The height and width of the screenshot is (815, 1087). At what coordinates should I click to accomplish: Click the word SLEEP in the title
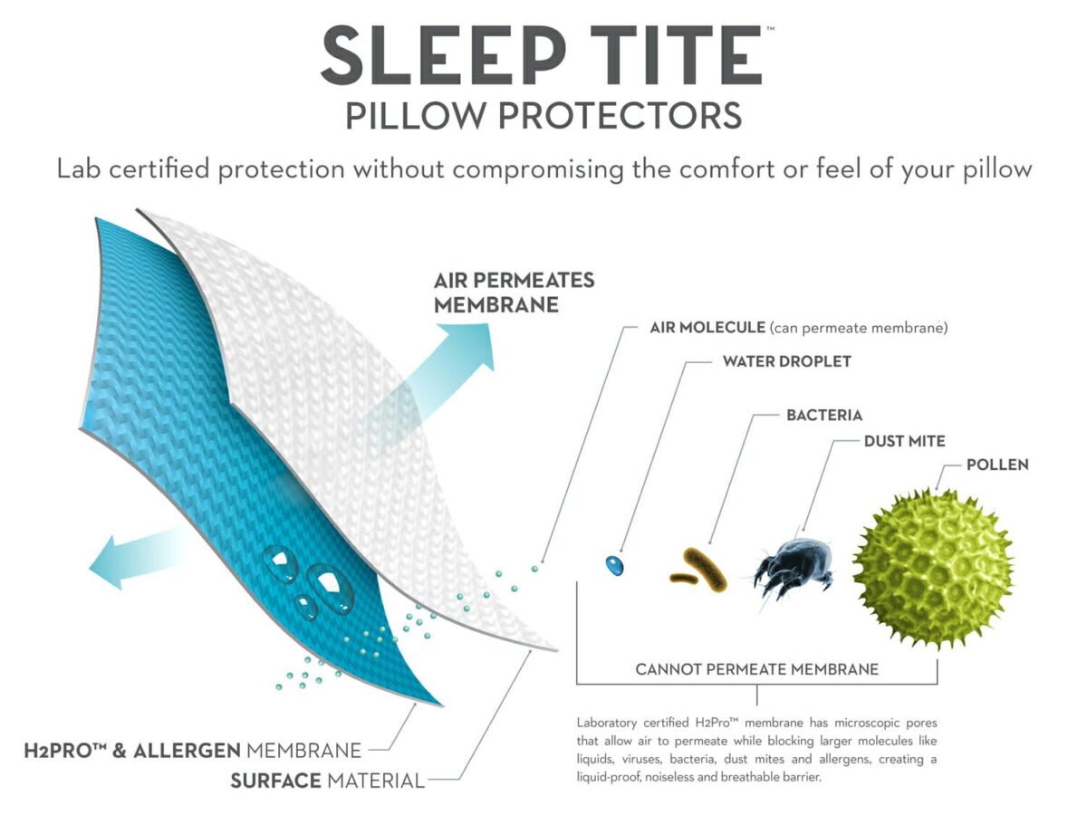[x=444, y=55]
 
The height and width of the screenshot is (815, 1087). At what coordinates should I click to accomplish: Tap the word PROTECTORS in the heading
[x=620, y=116]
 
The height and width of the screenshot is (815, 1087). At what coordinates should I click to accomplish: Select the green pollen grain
[x=932, y=569]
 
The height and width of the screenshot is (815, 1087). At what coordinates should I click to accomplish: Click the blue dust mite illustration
[x=793, y=567]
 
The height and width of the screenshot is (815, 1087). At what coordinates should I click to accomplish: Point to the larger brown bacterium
[x=705, y=569]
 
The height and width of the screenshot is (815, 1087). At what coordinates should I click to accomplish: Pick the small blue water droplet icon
[x=614, y=565]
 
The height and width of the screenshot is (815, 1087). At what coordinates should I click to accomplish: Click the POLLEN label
[x=997, y=465]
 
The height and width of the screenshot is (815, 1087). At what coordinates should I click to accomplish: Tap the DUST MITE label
[x=904, y=441]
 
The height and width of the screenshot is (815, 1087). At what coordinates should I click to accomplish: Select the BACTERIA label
[x=824, y=415]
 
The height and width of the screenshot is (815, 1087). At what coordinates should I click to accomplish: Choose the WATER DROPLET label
[x=786, y=361]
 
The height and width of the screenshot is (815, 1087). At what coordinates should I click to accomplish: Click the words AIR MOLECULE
[x=707, y=328]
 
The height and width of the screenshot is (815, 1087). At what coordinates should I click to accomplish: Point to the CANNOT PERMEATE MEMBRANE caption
[x=756, y=669]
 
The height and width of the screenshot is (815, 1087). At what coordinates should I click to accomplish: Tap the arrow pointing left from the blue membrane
[x=136, y=559]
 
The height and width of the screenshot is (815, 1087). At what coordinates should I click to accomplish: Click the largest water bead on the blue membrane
[x=330, y=589]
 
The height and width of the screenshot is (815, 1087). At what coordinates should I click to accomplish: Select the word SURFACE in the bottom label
[x=276, y=781]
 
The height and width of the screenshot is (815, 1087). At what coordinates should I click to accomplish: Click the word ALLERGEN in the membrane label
[x=187, y=751]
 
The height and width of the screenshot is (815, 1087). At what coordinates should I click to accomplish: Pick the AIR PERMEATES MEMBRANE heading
[x=514, y=292]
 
